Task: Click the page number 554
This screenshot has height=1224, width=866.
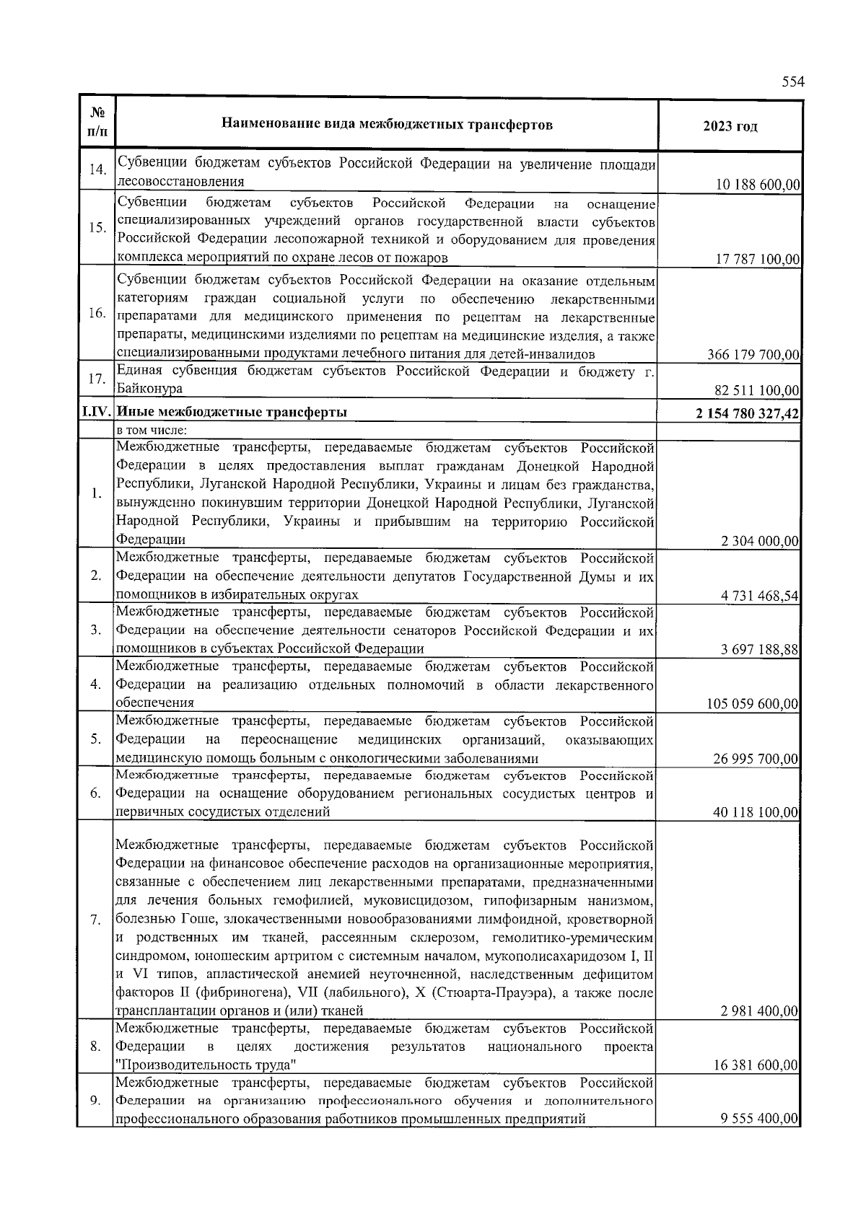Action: (x=792, y=82)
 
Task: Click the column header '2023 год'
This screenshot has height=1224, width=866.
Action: (x=730, y=126)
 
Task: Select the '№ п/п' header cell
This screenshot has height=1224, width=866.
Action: (x=95, y=126)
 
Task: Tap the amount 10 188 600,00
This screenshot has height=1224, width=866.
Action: (x=757, y=185)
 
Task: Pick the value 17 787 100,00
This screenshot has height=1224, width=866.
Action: (x=757, y=259)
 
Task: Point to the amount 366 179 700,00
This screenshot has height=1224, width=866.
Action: (x=753, y=354)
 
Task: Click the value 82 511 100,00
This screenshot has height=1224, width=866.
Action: (x=757, y=391)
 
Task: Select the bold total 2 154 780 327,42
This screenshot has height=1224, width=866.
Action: (x=747, y=413)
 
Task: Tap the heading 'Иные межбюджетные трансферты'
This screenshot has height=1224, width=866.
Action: (x=232, y=413)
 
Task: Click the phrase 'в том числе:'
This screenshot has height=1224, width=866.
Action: (x=152, y=431)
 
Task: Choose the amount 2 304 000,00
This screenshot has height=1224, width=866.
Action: (x=759, y=541)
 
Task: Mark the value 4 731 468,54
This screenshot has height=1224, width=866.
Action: (x=759, y=596)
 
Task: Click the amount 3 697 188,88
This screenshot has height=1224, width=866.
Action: (x=759, y=650)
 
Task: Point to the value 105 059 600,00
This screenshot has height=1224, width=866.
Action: (x=753, y=704)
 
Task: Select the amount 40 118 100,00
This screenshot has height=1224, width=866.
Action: (x=756, y=813)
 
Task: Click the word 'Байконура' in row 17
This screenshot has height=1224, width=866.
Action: (x=149, y=389)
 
